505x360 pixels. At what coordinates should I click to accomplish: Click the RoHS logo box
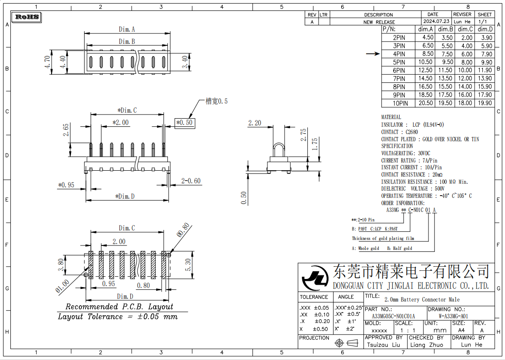pos(28,18)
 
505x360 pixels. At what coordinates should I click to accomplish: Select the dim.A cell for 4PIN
pos(427,54)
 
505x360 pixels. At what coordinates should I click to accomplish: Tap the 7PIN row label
pos(399,78)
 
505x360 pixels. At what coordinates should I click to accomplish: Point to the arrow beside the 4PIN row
pos(373,54)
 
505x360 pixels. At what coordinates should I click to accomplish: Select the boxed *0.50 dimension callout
pos(184,123)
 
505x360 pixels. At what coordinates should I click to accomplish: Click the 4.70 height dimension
pos(48,62)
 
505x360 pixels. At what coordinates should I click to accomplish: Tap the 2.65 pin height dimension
pos(66,130)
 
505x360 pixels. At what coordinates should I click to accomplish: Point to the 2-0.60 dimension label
pos(191,181)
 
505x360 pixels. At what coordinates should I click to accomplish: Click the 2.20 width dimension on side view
pos(255,123)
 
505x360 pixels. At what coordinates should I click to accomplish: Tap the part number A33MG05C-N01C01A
pos(393,316)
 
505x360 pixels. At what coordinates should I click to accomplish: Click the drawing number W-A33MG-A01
pos(453,316)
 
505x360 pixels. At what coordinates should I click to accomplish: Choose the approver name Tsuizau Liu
pos(384,345)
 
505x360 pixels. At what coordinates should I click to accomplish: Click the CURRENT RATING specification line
pos(410,160)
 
